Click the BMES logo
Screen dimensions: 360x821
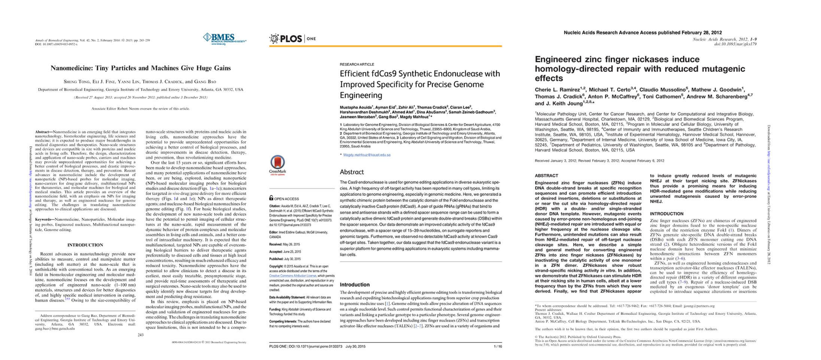point(224,39)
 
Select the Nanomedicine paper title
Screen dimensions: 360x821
point(140,68)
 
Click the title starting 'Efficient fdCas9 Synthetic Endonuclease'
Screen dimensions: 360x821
point(420,84)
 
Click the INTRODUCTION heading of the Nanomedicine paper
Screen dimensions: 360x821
point(85,245)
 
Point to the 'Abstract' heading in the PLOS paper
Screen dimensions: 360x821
point(352,172)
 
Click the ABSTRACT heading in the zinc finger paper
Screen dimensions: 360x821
point(546,176)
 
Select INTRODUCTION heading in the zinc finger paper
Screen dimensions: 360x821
point(666,214)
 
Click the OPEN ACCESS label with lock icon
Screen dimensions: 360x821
point(284,199)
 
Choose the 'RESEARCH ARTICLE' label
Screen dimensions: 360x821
point(356,64)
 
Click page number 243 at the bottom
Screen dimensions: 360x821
point(140,335)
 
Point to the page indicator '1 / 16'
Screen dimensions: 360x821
point(498,347)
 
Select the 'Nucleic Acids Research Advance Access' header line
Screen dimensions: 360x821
point(642,33)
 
